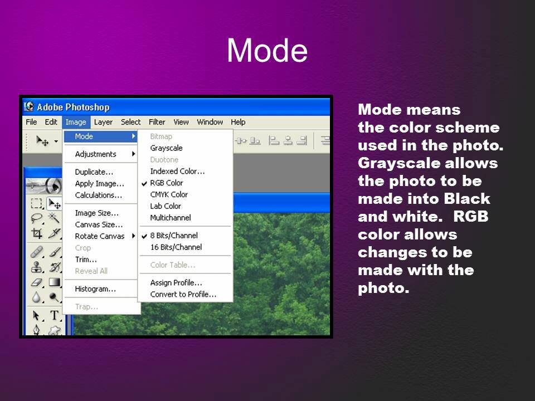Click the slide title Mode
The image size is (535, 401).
coord(267,51)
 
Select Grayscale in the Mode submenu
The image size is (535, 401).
coord(166,148)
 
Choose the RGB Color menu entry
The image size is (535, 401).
coord(166,183)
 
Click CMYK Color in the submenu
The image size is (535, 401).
coord(169,194)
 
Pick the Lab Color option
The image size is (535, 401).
coord(166,206)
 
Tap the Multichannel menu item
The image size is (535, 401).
coord(171,218)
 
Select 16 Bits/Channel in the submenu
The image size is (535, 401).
coord(176,247)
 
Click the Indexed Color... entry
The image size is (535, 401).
coord(177,171)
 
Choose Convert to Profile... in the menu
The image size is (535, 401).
coord(183,295)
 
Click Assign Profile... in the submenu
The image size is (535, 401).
coord(176,283)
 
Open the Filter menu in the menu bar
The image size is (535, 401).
coord(157,122)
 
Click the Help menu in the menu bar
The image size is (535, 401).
coord(238,122)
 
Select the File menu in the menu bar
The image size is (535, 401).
coord(31,122)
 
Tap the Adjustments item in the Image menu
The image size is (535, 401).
coord(96,154)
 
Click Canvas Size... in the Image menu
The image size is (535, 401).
coord(99,224)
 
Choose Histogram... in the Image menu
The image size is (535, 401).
coord(95,289)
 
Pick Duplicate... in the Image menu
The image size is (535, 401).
coord(94,172)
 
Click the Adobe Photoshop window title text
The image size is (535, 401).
coord(73,107)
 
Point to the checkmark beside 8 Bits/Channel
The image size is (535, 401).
coord(144,236)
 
